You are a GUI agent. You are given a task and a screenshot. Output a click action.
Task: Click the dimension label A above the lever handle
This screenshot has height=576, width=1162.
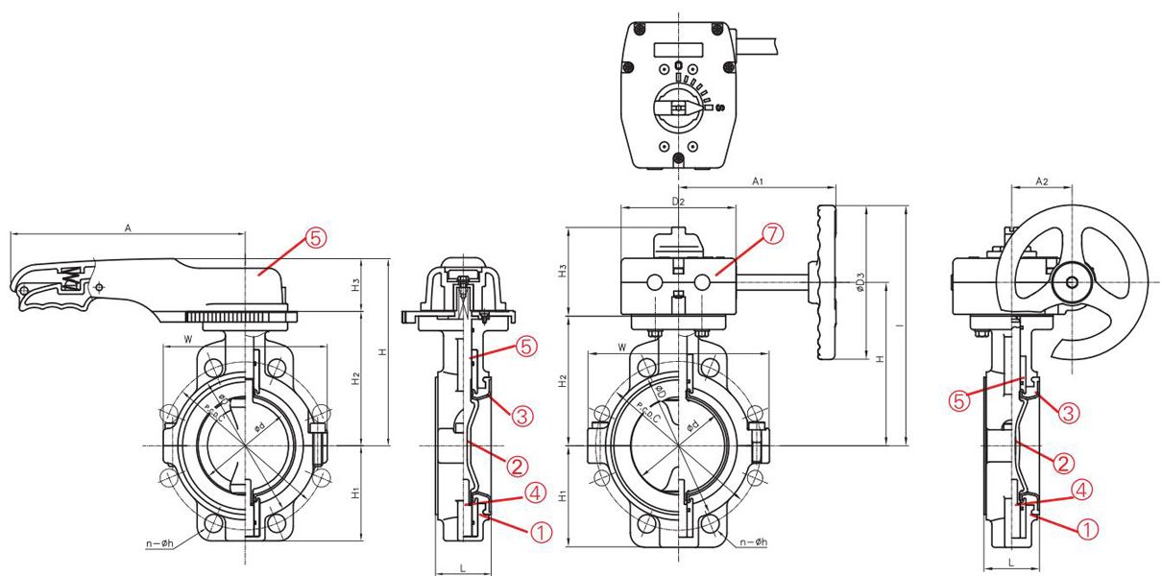[x=128, y=228]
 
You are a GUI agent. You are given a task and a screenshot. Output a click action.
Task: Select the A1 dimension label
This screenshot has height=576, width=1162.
[x=758, y=181]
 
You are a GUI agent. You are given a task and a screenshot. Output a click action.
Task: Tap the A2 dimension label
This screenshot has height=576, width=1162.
[x=1042, y=181]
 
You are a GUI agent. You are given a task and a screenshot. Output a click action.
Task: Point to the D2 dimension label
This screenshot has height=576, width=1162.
[x=678, y=202]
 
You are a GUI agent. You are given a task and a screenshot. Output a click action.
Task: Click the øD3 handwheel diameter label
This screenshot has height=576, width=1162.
[x=860, y=282]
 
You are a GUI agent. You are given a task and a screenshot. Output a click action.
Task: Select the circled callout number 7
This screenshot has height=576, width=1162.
[x=772, y=234]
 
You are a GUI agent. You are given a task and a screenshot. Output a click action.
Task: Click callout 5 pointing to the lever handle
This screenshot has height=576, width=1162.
[x=316, y=238]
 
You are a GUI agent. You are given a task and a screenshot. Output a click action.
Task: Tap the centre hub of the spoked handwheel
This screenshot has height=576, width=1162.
[x=1071, y=282]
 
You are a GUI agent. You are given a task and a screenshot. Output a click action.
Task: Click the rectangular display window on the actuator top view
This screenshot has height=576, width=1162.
[x=678, y=50]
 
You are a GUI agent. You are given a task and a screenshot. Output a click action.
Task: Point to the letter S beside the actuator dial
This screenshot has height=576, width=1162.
[x=720, y=108]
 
